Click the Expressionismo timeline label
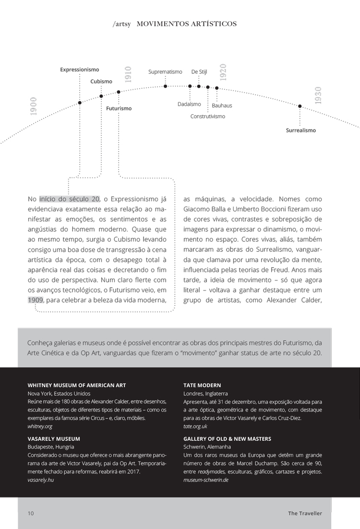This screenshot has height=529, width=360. [x=79, y=70]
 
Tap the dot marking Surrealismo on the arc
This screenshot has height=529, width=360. [x=300, y=106]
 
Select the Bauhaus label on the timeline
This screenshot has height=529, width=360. [x=222, y=106]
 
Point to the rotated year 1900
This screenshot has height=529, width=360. [x=33, y=106]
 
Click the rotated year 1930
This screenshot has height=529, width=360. [x=318, y=95]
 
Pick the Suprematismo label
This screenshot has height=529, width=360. [x=165, y=72]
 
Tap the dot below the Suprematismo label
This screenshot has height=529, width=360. [x=165, y=86]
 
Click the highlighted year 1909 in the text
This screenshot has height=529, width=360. [x=36, y=300]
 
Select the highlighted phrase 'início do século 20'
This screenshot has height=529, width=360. [x=69, y=199]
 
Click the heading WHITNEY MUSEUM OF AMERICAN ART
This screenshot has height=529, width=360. [x=77, y=385]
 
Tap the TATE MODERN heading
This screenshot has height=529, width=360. [x=202, y=385]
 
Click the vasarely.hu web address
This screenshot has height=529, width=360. [x=41, y=480]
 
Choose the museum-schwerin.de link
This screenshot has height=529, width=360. [x=206, y=480]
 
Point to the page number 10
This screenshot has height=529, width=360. [x=31, y=513]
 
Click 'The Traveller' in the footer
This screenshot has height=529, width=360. [x=305, y=513]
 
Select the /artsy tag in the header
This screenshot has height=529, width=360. [x=121, y=24]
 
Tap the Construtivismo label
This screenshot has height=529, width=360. [x=207, y=116]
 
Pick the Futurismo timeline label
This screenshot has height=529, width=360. [x=119, y=108]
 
